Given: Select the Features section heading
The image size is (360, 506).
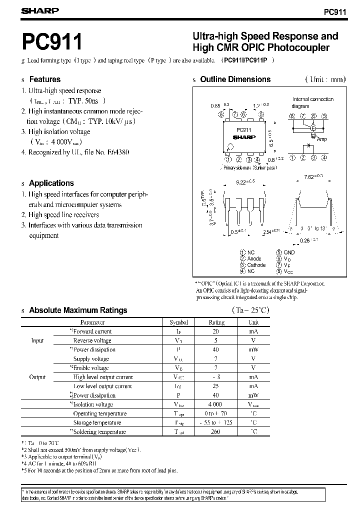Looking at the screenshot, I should [x=44, y=79].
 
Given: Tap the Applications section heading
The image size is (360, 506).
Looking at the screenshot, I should [x=51, y=183].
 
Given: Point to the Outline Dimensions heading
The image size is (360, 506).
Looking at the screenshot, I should [x=235, y=79].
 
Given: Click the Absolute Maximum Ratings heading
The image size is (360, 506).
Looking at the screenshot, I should [x=78, y=310].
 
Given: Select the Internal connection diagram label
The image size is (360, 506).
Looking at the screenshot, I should [x=312, y=102].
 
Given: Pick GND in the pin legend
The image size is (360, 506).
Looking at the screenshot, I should [x=289, y=252].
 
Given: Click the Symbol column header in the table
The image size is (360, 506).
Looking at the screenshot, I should [x=178, y=322].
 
